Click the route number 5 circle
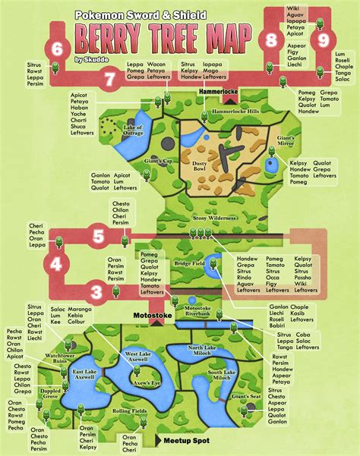pos(99,235)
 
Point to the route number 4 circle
pos(56,264)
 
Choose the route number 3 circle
pos(97,291)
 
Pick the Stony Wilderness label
pos(215,218)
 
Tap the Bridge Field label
pos(190,263)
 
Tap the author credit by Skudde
pos(90,58)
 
